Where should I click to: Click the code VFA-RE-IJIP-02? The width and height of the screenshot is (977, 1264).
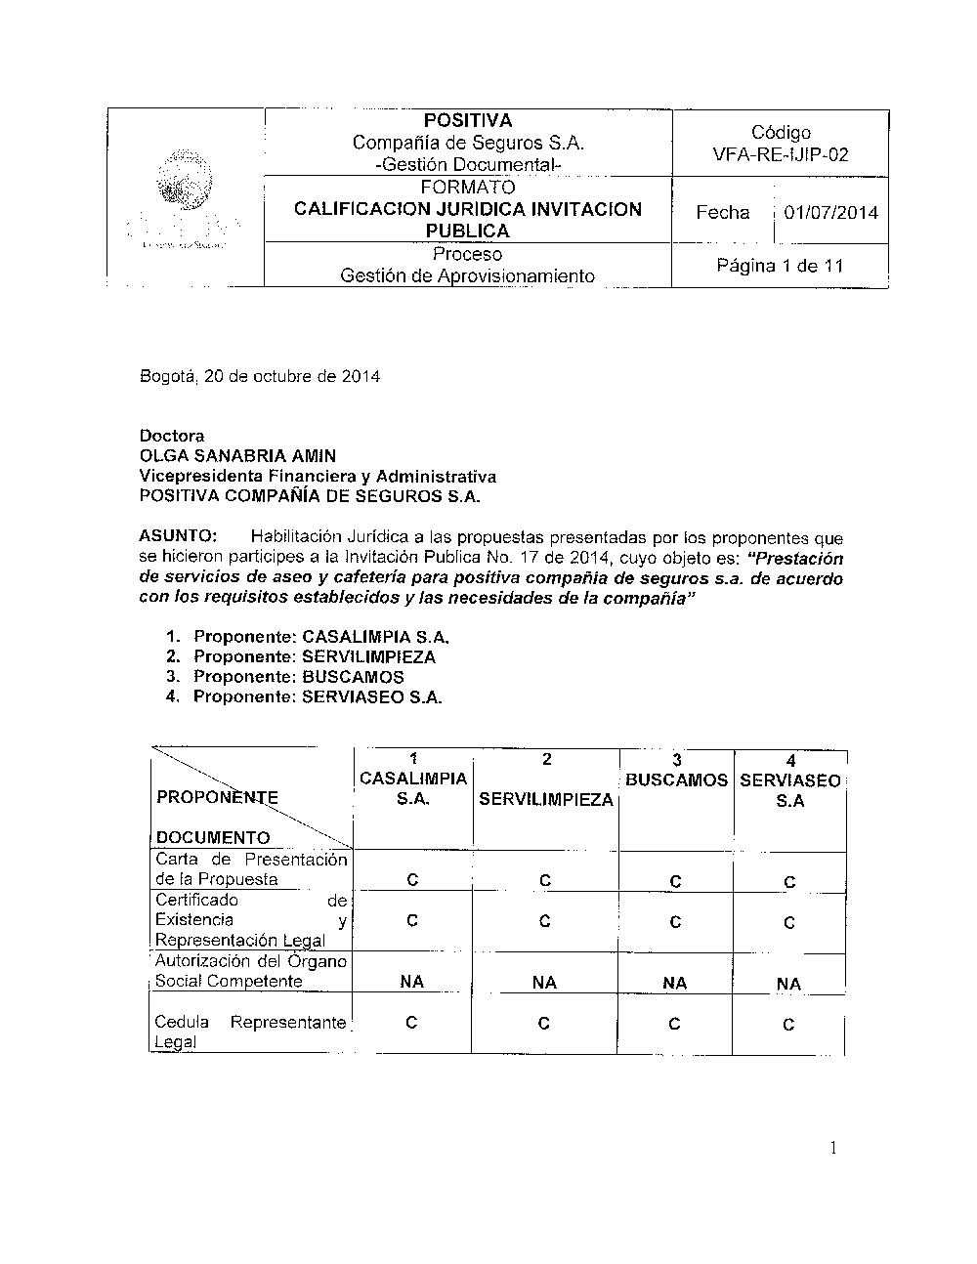pos(781,154)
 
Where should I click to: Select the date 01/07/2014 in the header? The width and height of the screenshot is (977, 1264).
pos(830,213)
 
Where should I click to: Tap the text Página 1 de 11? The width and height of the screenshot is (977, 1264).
pos(780,266)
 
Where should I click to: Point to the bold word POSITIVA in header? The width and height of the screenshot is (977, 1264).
pos(468,121)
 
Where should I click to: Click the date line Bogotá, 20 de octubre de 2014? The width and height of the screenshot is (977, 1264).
pos(260,376)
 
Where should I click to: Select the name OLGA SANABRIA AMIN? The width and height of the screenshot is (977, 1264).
pos(237,456)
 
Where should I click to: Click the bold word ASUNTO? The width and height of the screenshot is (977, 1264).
pos(180,536)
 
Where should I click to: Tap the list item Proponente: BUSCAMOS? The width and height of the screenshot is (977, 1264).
pos(298,677)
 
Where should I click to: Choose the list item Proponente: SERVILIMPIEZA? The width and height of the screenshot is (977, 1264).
pos(315,657)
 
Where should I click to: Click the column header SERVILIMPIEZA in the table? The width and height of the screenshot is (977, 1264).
pos(546,800)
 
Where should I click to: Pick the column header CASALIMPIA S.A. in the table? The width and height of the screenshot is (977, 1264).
pos(413,788)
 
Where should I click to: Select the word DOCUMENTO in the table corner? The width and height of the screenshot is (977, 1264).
pos(213,837)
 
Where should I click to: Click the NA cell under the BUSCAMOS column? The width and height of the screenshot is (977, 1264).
pos(675,983)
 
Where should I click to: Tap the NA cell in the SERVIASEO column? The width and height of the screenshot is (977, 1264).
pos(788,984)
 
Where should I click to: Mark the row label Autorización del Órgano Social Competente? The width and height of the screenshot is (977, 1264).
pos(251,971)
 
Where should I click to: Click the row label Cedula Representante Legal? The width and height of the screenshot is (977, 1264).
pos(250,1032)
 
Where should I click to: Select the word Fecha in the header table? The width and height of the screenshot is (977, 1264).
pos(723,213)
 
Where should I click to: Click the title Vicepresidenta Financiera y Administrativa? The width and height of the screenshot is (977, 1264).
pos(318,477)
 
